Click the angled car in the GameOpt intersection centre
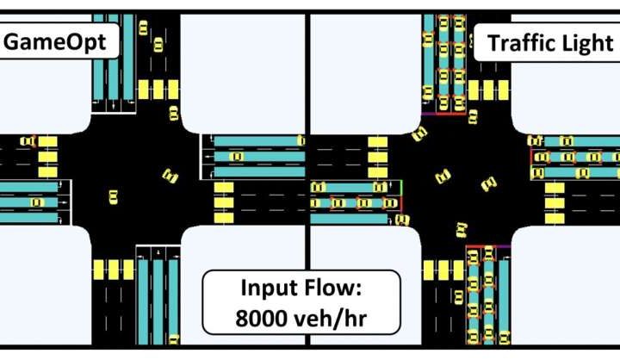[170, 177]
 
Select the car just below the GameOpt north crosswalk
[172, 111]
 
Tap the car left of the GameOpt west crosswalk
[28, 140]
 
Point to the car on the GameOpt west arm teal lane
[35, 202]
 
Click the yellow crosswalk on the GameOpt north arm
[158, 89]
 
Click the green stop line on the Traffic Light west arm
[402, 193]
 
